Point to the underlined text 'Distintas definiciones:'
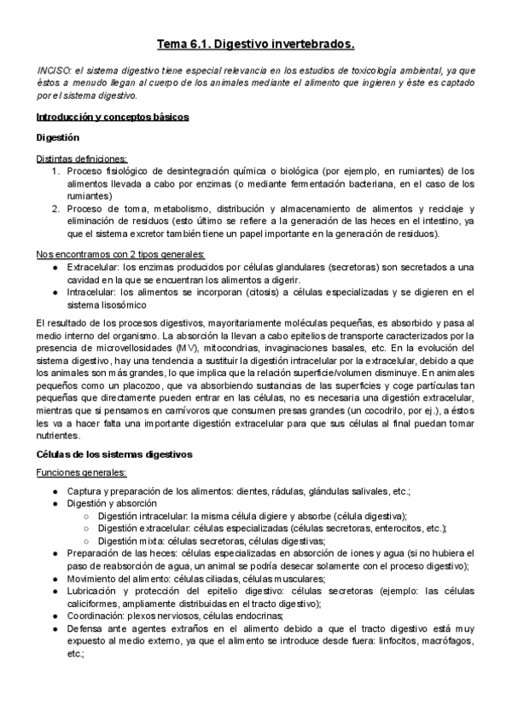click(x=81, y=159)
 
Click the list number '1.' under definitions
click(x=57, y=171)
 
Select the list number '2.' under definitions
click(x=57, y=209)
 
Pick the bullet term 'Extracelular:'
click(x=91, y=268)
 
